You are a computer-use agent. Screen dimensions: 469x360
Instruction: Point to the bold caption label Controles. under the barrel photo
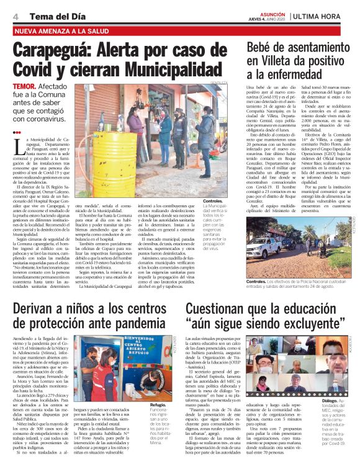[x=213, y=202]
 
